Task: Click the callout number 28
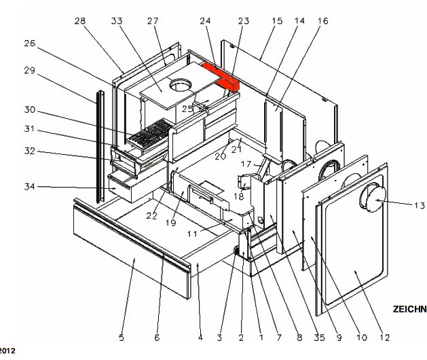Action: pyautogui.click(x=80, y=22)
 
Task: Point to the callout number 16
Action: pyautogui.click(x=322, y=22)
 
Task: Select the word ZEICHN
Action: pyautogui.click(x=409, y=309)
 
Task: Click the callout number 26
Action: pyautogui.click(x=29, y=43)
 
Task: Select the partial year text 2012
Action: pyautogui.click(x=7, y=351)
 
